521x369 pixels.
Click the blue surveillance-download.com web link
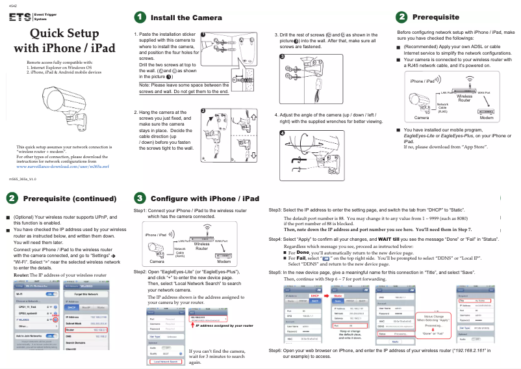click(x=62, y=167)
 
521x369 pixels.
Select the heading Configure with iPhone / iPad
click(x=205, y=198)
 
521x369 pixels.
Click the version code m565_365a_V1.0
click(x=23, y=178)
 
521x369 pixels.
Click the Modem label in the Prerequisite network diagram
click(x=486, y=118)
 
